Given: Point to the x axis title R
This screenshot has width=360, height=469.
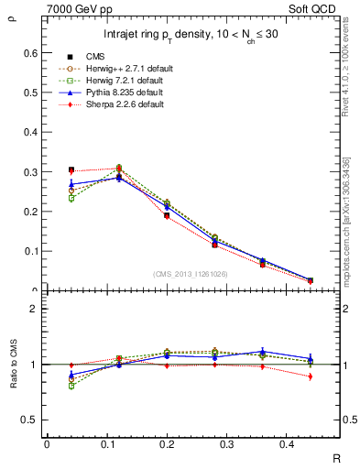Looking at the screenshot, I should [335, 456].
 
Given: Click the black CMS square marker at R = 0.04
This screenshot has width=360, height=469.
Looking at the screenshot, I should [71, 169].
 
